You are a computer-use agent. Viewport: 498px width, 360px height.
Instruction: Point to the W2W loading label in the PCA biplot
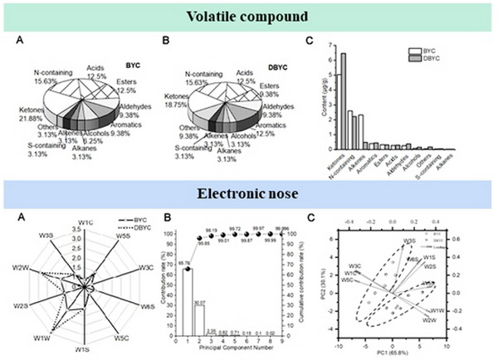pyautogui.click(x=430, y=319)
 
